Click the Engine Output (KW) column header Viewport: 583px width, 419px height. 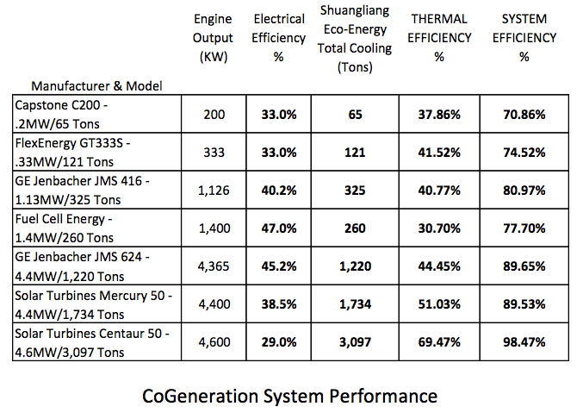tap(213, 38)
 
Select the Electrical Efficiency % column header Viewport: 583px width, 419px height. tap(279, 38)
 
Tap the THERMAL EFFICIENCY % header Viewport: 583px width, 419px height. tap(440, 38)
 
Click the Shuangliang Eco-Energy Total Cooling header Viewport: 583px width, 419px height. tap(355, 38)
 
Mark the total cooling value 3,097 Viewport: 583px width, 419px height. tap(355, 343)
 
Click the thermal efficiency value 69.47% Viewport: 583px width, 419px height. tap(440, 343)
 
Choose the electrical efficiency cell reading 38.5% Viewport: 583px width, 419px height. tap(279, 305)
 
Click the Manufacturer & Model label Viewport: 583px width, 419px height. tap(97, 86)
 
